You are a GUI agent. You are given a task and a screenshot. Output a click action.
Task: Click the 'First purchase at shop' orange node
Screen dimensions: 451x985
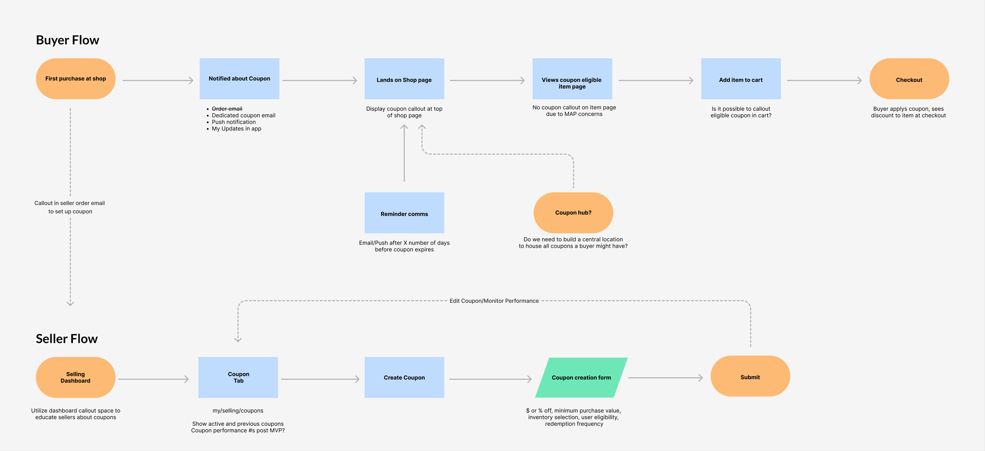(x=75, y=78)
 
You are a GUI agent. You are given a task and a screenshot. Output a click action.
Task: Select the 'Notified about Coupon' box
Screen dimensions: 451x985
(x=239, y=78)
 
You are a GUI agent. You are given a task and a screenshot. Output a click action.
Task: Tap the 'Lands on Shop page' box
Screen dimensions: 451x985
(x=404, y=79)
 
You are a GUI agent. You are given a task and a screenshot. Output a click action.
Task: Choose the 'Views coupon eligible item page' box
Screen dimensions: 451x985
(x=572, y=79)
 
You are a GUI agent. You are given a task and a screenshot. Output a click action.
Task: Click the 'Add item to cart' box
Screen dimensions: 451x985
(x=741, y=79)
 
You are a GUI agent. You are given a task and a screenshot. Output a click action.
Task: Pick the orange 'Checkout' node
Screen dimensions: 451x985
(x=909, y=79)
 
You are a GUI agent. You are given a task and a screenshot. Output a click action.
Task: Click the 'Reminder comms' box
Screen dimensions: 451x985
(x=404, y=213)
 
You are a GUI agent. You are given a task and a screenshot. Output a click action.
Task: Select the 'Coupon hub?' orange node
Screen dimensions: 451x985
(x=573, y=213)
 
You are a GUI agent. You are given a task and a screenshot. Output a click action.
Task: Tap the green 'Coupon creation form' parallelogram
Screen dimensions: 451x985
(x=581, y=378)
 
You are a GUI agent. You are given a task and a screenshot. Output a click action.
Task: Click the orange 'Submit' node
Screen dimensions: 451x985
(x=750, y=376)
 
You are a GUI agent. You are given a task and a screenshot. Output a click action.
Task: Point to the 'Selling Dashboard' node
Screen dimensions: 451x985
(x=75, y=377)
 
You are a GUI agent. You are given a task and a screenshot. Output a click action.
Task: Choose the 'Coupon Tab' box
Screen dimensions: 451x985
(x=238, y=377)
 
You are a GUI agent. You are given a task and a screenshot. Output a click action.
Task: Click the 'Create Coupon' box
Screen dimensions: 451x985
(x=404, y=377)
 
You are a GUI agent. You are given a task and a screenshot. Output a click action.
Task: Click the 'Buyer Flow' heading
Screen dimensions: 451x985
(x=68, y=40)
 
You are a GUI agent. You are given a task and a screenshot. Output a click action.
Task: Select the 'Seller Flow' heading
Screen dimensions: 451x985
(x=67, y=339)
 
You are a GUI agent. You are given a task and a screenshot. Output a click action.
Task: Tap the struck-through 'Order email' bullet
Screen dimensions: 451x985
(x=227, y=109)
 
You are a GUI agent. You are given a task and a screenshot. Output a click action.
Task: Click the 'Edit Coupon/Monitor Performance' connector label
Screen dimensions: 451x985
(x=494, y=301)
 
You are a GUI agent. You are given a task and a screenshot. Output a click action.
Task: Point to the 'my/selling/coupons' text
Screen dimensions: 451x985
(x=238, y=411)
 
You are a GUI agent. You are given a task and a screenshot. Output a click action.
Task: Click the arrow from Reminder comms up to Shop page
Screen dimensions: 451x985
(x=404, y=154)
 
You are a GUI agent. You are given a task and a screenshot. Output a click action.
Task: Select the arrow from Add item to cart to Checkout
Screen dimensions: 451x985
(x=824, y=80)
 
